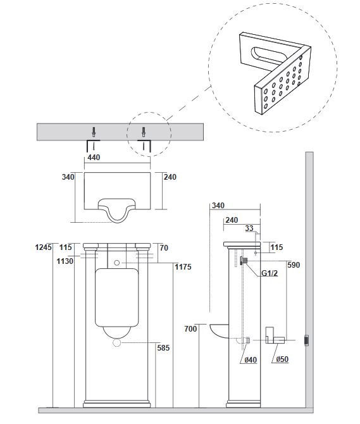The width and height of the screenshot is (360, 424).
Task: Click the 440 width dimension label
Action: coord(94,158)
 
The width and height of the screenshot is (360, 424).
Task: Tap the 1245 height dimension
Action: coord(43,247)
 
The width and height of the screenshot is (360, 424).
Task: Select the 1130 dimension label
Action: coord(65,261)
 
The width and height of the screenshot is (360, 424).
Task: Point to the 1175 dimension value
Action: coord(183,267)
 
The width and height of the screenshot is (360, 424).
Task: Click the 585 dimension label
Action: coord(163,348)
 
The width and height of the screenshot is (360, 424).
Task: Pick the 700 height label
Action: coord(190,329)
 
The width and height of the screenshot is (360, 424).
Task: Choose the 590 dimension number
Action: coord(294,265)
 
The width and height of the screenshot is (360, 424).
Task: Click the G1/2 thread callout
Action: coord(270,273)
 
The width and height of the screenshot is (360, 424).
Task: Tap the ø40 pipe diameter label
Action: coord(251,360)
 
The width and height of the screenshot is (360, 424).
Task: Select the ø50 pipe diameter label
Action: coord(282,359)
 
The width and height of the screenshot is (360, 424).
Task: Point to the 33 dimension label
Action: coord(249,228)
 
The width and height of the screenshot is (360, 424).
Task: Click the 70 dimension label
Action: coord(164,247)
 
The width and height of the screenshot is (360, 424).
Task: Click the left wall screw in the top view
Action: coord(94,132)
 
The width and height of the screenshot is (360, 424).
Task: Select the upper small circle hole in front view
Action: coord(117,263)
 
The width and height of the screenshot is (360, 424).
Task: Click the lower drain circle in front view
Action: coord(117,342)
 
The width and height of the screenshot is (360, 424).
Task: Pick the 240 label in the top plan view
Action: coord(170,177)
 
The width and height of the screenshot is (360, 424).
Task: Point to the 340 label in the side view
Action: coord(218,206)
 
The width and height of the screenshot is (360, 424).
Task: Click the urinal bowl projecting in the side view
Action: coord(219,330)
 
